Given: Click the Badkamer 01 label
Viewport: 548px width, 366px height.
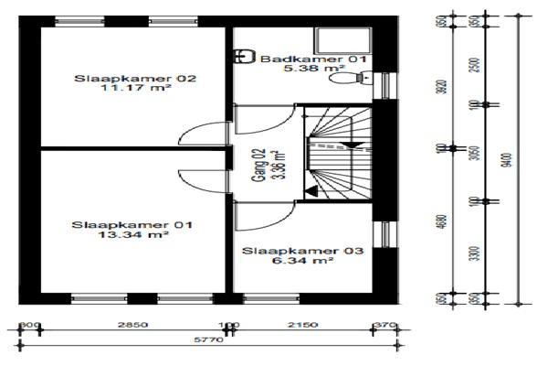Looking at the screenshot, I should [x=313, y=59].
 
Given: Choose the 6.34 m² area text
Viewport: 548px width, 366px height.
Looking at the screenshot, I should [x=303, y=262].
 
